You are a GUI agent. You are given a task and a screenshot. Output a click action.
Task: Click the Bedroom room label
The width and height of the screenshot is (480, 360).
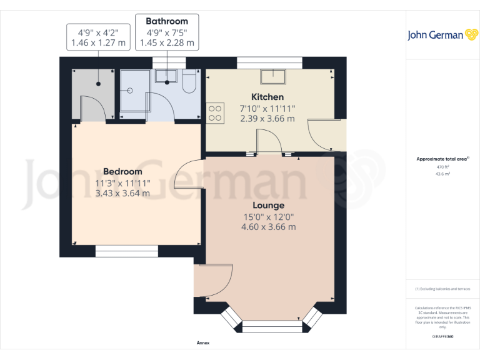click(122, 171)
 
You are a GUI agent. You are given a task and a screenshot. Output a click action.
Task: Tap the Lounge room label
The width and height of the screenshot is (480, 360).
click(268, 205)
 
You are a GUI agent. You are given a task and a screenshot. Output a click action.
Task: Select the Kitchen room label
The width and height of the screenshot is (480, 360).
click(267, 97)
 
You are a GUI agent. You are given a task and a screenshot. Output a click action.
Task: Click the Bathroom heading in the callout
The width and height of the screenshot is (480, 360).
click(167, 21)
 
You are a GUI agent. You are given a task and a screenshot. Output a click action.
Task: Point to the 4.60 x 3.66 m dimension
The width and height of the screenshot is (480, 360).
click(268, 227)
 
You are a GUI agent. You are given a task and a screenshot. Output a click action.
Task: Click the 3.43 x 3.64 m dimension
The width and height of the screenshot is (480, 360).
click(122, 193)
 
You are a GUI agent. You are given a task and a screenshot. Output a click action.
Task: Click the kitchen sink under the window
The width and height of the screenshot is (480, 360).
click(274, 77)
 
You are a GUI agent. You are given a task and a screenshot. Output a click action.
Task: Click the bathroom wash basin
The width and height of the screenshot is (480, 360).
click(166, 76)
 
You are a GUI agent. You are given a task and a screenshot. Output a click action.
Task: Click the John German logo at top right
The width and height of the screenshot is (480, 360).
click(443, 35)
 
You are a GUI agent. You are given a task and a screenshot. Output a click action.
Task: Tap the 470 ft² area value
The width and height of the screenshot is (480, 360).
click(442, 167)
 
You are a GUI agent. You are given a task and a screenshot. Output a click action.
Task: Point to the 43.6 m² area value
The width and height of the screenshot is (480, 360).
click(442, 174)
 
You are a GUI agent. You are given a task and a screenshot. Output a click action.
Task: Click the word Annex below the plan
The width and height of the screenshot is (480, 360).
click(203, 343)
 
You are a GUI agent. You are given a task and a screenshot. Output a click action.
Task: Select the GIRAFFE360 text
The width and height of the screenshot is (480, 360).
click(442, 337)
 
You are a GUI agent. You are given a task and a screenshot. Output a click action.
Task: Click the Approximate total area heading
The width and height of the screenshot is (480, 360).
click(441, 159)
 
